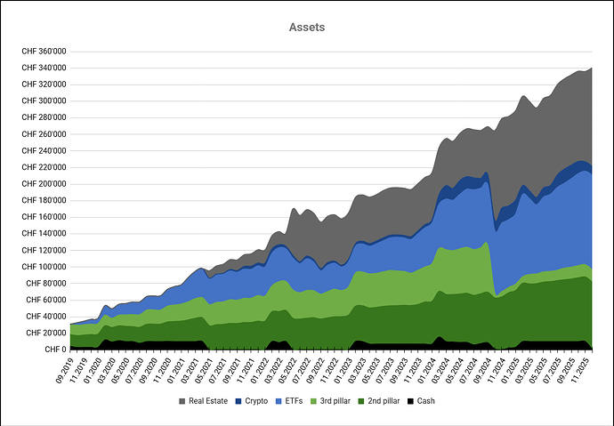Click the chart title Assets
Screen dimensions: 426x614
pos(307,28)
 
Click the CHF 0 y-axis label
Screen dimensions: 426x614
pos(55,350)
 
